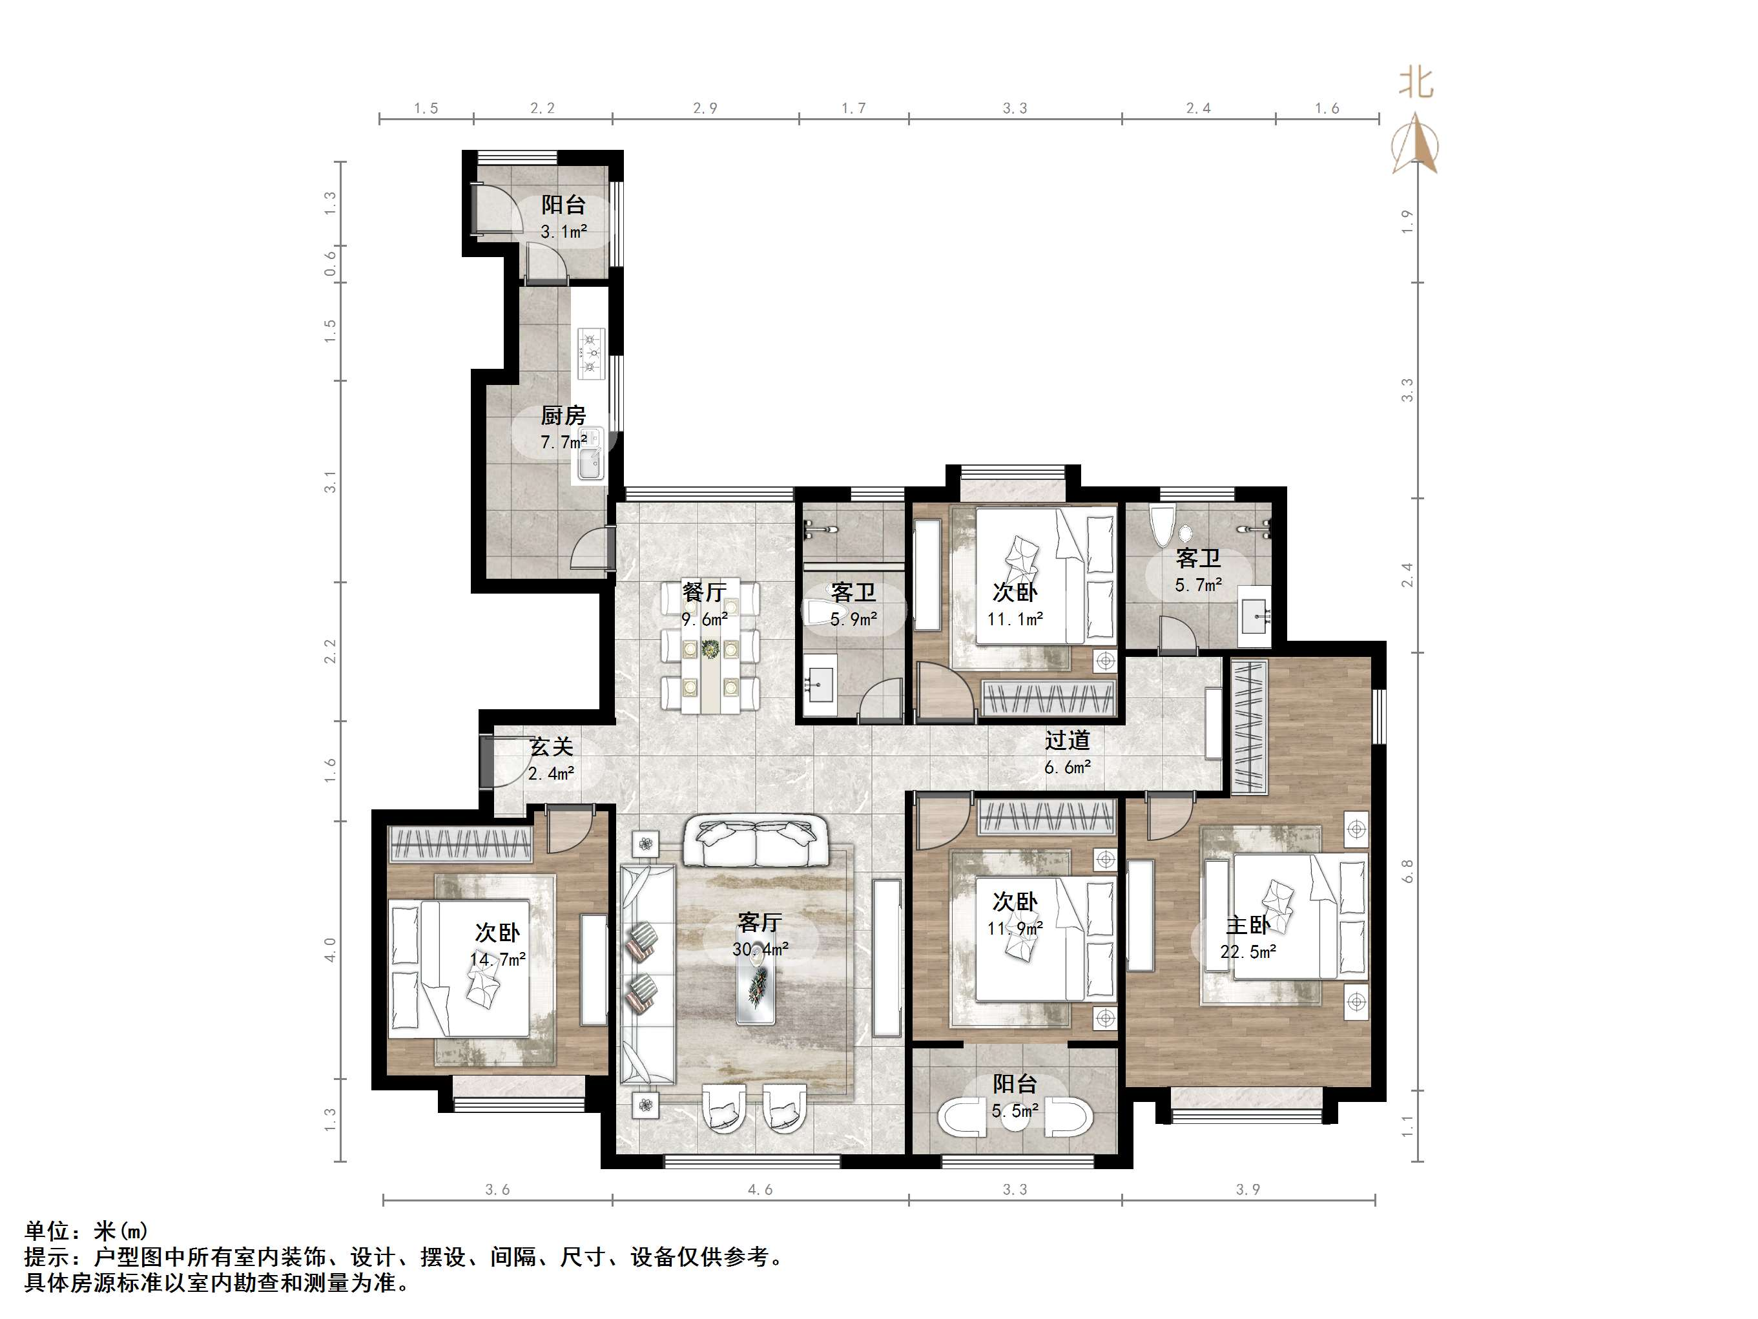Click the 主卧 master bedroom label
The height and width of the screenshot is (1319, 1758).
(x=1248, y=926)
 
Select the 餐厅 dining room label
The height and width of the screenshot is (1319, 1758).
(x=704, y=592)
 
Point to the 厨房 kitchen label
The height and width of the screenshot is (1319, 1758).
(x=563, y=415)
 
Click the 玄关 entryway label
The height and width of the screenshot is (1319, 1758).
(x=552, y=747)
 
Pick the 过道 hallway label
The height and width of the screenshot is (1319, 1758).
(x=1068, y=740)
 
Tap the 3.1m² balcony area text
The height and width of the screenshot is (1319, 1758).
(x=563, y=232)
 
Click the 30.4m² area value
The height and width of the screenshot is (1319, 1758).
(x=761, y=950)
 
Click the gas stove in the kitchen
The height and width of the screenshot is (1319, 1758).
(x=590, y=353)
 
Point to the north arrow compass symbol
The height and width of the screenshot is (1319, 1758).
(x=1414, y=143)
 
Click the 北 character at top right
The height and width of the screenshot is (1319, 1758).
(x=1416, y=83)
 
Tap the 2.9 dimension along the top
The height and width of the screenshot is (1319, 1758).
(x=705, y=108)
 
